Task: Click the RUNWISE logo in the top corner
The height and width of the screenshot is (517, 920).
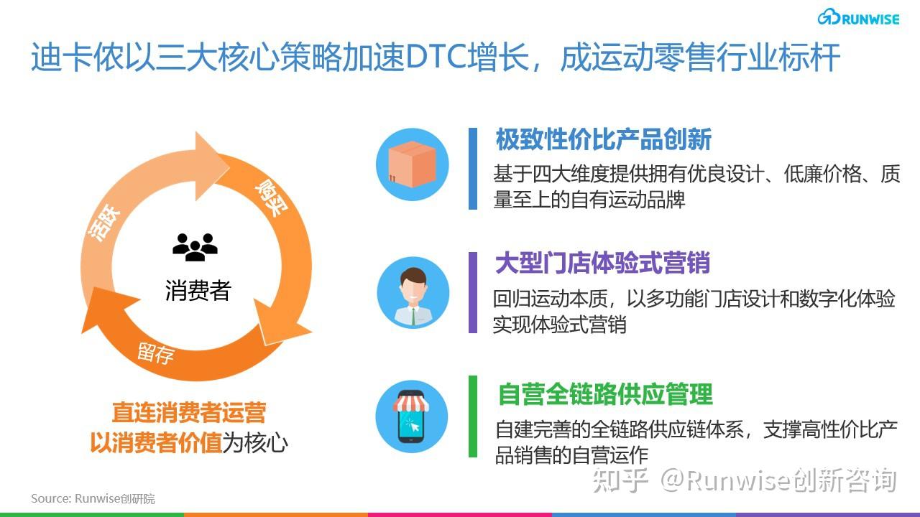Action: [x=858, y=18]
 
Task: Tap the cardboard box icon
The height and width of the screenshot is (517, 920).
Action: [x=413, y=164]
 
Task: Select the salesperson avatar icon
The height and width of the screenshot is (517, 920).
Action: [x=413, y=293]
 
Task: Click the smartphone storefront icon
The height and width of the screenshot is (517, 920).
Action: [x=413, y=416]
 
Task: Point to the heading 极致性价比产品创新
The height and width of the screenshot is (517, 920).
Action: [x=603, y=139]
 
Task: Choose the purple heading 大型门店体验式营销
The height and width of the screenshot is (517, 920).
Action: [x=602, y=264]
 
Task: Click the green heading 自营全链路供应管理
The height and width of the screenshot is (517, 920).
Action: [x=605, y=393]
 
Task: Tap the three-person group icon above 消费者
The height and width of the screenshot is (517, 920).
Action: [x=195, y=246]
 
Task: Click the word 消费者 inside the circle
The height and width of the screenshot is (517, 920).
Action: [x=198, y=290]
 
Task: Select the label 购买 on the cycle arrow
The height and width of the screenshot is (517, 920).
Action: [x=267, y=198]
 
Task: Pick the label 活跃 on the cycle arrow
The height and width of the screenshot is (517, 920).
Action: [x=106, y=223]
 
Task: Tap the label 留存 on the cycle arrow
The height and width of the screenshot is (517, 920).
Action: [x=156, y=353]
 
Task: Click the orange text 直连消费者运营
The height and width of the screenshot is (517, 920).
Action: [x=189, y=413]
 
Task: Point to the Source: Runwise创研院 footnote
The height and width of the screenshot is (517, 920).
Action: [x=93, y=498]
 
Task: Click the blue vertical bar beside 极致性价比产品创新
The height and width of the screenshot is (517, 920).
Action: [x=473, y=169]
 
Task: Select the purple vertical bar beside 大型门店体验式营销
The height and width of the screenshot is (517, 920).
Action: [x=473, y=292]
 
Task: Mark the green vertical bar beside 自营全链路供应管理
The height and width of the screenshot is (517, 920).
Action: [x=473, y=416]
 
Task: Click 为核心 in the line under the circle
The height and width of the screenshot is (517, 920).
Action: [x=255, y=443]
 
